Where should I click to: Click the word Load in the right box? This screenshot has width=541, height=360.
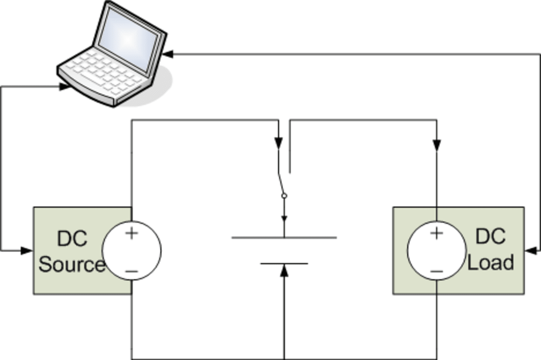(490, 262)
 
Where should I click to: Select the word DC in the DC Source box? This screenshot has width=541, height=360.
(72, 239)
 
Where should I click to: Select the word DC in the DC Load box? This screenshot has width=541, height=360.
(490, 236)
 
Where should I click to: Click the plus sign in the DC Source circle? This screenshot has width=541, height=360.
(131, 233)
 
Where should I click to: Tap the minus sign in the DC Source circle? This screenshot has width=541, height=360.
(132, 271)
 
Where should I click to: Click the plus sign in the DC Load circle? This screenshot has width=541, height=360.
(436, 233)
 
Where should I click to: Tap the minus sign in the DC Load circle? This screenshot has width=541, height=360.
(436, 271)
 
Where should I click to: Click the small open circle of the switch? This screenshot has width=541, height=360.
(284, 196)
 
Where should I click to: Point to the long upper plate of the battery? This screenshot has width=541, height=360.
(284, 238)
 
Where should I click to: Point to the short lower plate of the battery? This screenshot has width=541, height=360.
(284, 264)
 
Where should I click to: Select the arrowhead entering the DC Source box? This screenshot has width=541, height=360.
(27, 251)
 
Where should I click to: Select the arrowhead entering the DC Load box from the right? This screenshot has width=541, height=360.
(530, 251)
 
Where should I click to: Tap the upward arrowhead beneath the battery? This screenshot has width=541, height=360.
(284, 270)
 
